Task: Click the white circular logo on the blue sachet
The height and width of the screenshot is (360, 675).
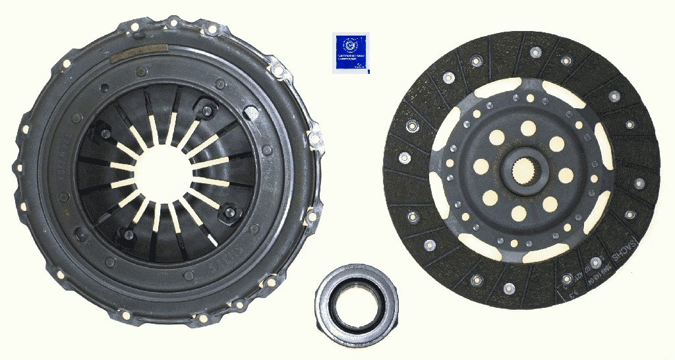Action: click(351, 45)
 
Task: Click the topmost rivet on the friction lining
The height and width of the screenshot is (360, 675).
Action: click(536, 51)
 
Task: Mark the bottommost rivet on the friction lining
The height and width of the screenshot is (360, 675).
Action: click(509, 288)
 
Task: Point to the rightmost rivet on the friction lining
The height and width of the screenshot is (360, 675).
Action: click(639, 183)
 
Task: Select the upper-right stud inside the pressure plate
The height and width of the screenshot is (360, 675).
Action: click(208, 110)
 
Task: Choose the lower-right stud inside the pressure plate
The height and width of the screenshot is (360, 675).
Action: click(229, 211)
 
